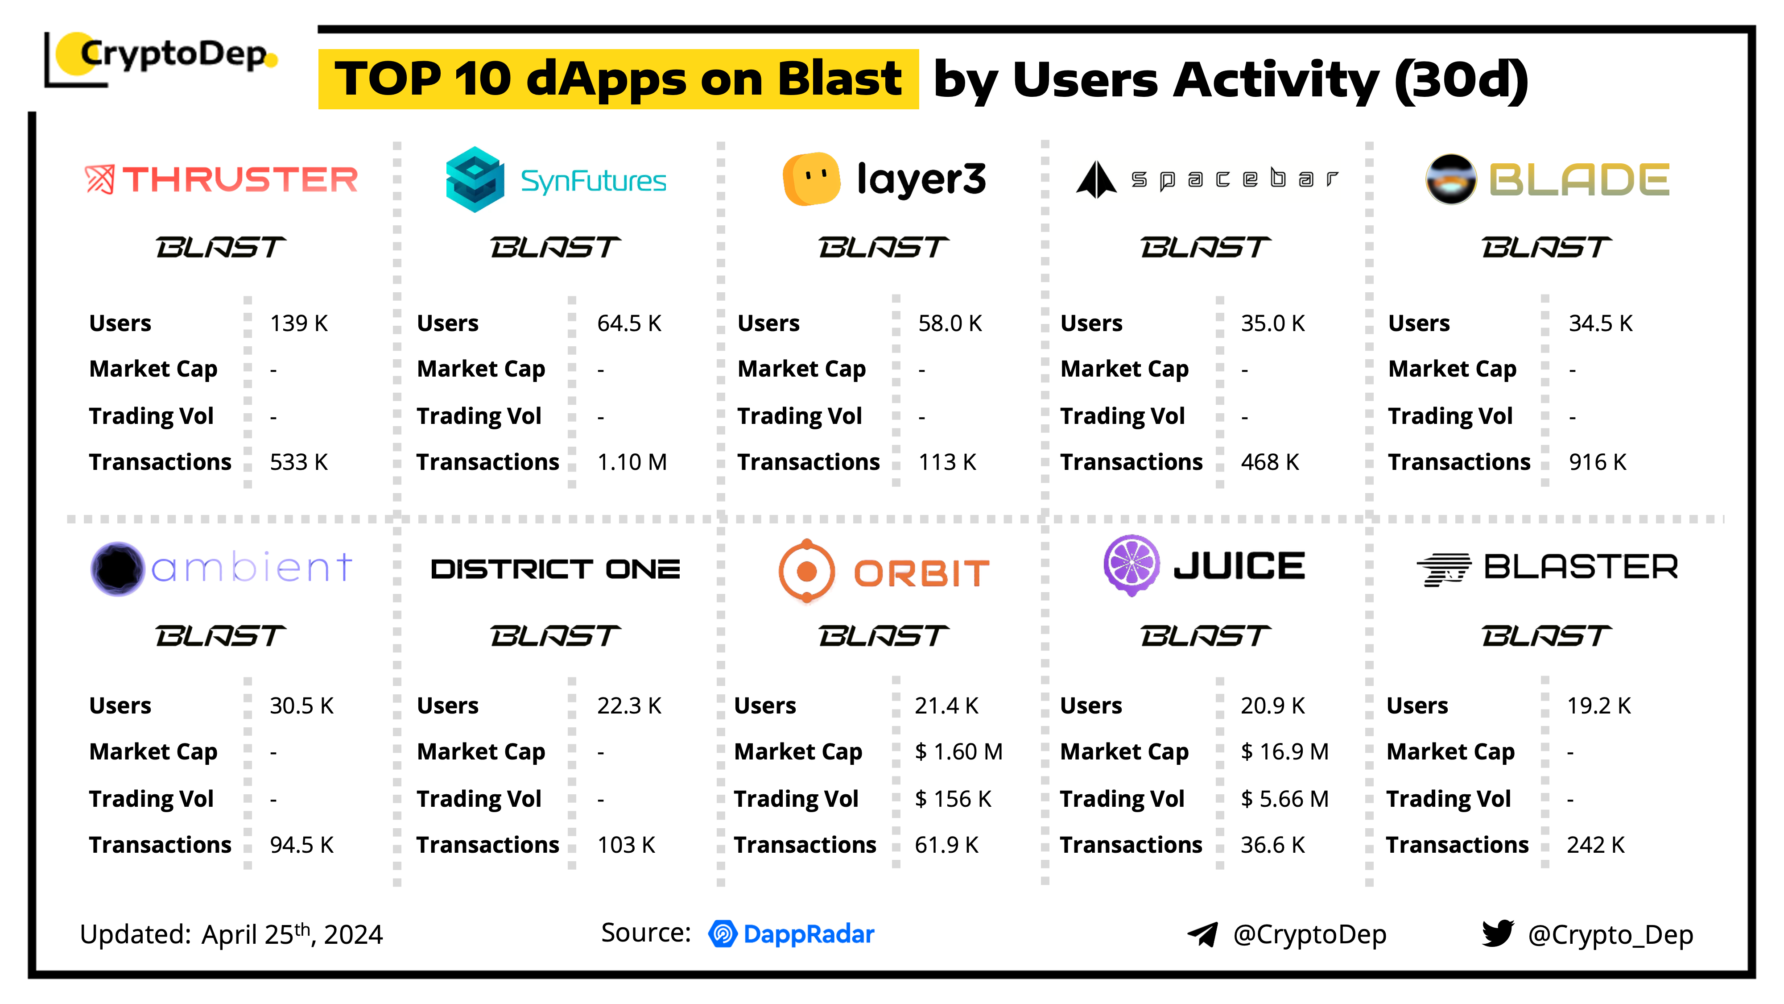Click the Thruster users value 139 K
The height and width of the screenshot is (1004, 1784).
[x=298, y=324]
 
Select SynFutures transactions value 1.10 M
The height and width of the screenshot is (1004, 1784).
[x=632, y=462]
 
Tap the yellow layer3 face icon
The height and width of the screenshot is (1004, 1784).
[x=811, y=179]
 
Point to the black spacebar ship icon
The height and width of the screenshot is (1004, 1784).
[x=1096, y=179]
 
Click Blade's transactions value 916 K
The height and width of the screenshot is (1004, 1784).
[x=1597, y=462]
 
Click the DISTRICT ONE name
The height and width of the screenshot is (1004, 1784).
[x=555, y=569]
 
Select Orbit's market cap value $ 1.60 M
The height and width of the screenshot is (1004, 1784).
[x=958, y=752]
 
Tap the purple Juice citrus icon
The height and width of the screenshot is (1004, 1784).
[x=1131, y=565]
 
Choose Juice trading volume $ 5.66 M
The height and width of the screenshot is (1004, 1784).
[x=1284, y=799]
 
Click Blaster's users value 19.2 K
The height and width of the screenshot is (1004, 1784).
[x=1598, y=706]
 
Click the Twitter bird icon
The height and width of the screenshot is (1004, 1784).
[x=1497, y=933]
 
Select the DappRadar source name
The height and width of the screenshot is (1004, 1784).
[x=808, y=934]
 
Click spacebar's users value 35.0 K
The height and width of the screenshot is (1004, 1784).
[x=1272, y=324]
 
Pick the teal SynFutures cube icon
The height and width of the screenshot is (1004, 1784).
[x=475, y=179]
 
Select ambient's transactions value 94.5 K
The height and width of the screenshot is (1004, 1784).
[x=301, y=845]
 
